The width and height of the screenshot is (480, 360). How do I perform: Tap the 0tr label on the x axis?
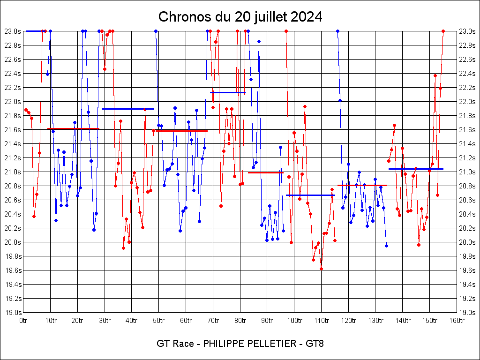click(x=24, y=321)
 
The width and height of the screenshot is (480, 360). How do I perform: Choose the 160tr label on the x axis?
click(x=457, y=321)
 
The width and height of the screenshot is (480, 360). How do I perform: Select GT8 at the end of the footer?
click(x=315, y=344)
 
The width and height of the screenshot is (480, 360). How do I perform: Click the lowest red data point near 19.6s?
click(x=321, y=269)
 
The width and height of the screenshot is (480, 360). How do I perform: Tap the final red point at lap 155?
click(x=443, y=31)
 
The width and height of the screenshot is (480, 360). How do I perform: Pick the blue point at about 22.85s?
click(x=259, y=41)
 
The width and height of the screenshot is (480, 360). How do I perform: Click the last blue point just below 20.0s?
click(x=386, y=246)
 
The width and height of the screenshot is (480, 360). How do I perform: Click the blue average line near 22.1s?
click(x=228, y=92)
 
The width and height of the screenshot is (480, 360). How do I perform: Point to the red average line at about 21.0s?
click(x=266, y=172)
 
